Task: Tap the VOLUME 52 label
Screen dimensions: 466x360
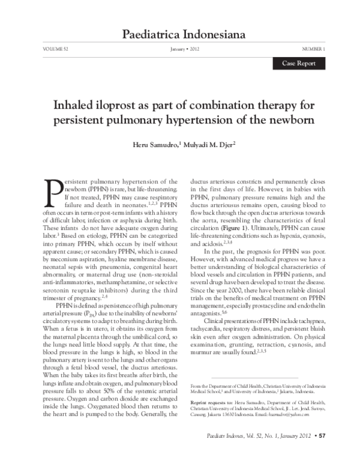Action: [x=56, y=48]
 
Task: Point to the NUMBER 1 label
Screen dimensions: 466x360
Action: [x=313, y=48]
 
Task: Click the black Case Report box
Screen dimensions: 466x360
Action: [x=299, y=63]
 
